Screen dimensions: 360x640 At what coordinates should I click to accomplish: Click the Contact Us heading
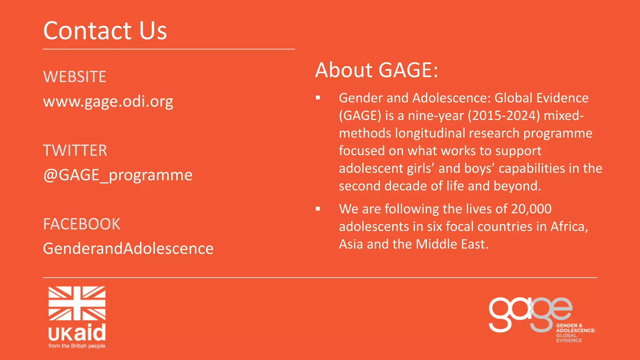point(105,31)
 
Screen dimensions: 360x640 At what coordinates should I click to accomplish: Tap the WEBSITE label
point(75,77)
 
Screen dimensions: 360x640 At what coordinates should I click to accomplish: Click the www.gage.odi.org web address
point(108,102)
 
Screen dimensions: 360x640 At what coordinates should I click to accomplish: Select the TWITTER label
point(75,151)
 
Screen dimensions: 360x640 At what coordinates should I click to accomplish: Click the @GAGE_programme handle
point(118,175)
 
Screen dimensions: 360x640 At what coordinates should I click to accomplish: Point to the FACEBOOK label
point(82,224)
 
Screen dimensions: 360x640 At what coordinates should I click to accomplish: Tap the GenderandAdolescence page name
point(128,249)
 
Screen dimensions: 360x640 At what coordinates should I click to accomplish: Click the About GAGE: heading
point(377,70)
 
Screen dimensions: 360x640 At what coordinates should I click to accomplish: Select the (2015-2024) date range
point(504,116)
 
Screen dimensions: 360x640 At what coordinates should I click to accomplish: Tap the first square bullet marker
point(318,98)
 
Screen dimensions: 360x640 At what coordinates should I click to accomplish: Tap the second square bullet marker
point(318,209)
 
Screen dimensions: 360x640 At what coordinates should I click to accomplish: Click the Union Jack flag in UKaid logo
point(77,303)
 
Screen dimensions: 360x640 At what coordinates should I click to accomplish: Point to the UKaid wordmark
point(77,333)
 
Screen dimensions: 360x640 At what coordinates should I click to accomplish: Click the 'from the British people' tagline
point(77,346)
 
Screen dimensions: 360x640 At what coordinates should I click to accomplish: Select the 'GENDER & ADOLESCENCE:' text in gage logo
point(576,328)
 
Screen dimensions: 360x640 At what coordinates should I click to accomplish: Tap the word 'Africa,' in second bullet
point(569,227)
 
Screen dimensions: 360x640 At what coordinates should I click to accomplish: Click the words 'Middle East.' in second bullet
point(452,244)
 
